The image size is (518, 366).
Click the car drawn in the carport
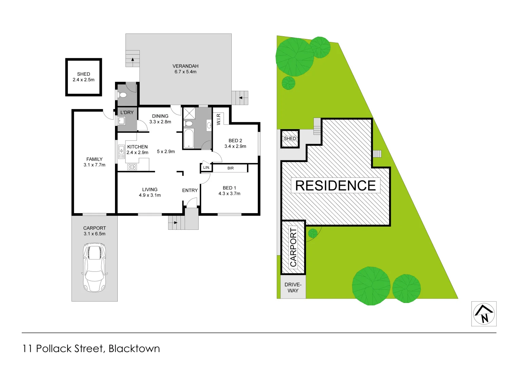pos(94,267)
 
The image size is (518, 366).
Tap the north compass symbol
pos(484,314)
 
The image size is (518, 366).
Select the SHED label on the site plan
pos(290,139)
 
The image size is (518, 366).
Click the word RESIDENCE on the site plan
pos(335,186)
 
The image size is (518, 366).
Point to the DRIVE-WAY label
pos(293,288)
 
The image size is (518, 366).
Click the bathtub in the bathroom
pos(189,138)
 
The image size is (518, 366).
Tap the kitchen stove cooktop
pos(132,167)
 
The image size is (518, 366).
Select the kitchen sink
pos(121,151)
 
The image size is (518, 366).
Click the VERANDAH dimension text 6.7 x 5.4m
pos(186,72)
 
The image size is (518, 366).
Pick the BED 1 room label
pos(229,188)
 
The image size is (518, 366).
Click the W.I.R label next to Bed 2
pos(218,119)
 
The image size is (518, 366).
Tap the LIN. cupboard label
pos(206,167)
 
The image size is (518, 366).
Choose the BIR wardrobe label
pos(231,168)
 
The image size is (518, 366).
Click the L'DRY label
pos(127,113)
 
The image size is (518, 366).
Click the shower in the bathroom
pos(189,113)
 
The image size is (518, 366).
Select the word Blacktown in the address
pos(134,349)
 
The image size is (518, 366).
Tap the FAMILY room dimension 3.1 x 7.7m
pos(94,165)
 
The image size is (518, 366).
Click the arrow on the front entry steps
pos(175,223)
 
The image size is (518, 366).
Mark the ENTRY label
pos(190,190)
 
